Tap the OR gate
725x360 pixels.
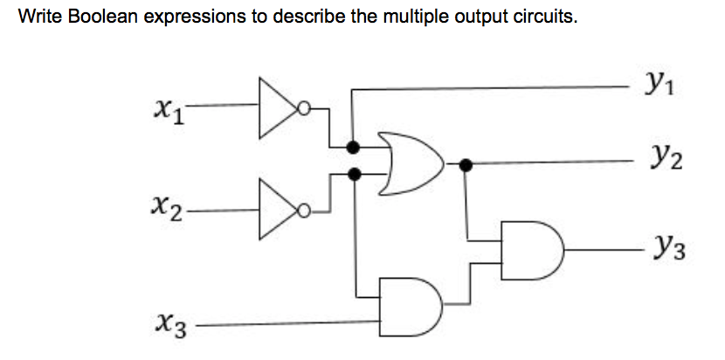pos(411,163)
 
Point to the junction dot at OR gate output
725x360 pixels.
pos(466,163)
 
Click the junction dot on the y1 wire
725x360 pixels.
pos(352,145)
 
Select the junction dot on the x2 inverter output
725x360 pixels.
pos(354,175)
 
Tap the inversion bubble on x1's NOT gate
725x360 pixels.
pos(303,110)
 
